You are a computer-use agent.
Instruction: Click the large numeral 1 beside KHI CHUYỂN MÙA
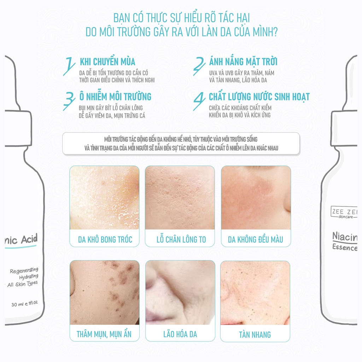click(x=69, y=66)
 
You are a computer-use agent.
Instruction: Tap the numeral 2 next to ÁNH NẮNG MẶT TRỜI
click(x=199, y=66)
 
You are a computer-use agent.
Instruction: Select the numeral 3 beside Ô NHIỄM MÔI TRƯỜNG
click(x=69, y=101)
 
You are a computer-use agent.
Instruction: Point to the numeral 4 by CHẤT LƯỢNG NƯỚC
click(x=199, y=101)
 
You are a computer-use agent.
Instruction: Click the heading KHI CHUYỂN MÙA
click(x=107, y=62)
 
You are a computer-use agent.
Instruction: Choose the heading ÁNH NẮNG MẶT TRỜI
click(x=243, y=62)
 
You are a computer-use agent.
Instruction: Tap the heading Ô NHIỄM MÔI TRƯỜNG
click(x=115, y=96)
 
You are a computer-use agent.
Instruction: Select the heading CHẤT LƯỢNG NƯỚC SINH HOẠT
click(x=259, y=97)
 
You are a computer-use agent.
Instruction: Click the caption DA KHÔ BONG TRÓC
click(x=105, y=239)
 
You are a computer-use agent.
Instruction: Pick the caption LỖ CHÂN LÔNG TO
click(x=181, y=239)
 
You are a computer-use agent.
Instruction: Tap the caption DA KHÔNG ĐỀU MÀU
click(x=255, y=239)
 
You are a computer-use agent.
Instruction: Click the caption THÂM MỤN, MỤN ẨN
click(x=104, y=334)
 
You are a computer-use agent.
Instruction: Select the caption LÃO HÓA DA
click(x=180, y=334)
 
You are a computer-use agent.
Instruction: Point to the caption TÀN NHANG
click(x=255, y=334)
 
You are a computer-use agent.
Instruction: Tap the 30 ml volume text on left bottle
click(x=24, y=304)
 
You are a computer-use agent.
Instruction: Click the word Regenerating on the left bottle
click(x=24, y=270)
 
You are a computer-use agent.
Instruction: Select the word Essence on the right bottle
click(x=345, y=247)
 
